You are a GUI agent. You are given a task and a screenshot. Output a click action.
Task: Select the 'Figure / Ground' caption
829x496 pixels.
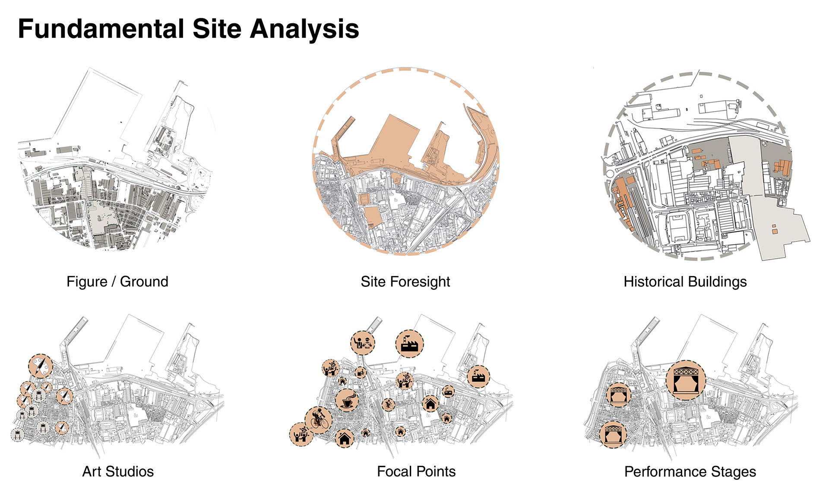click(117, 282)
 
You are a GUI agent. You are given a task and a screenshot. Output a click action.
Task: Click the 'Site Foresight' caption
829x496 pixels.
click(405, 282)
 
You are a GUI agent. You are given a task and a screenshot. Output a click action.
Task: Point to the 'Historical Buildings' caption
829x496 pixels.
click(685, 282)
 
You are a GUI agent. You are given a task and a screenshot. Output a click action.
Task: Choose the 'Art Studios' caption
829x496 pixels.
click(118, 471)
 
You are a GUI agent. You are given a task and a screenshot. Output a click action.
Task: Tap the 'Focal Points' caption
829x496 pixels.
click(416, 471)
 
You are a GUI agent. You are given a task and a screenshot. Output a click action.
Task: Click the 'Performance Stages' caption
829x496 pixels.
click(690, 471)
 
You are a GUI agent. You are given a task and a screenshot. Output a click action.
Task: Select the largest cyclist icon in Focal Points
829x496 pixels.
click(319, 420)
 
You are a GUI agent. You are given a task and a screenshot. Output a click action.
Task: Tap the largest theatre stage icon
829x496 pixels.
click(686, 381)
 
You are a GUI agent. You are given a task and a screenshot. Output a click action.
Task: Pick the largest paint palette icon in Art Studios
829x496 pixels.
click(41, 366)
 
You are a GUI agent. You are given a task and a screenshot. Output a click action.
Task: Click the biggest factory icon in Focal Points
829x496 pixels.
click(409, 344)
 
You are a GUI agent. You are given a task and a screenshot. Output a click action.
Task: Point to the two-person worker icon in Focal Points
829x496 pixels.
click(363, 343)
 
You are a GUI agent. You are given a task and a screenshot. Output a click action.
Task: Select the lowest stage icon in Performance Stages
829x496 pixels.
click(613, 434)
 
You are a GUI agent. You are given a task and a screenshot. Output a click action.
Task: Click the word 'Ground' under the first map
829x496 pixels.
click(144, 282)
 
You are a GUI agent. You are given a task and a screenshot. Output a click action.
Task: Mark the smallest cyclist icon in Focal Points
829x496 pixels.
click(388, 405)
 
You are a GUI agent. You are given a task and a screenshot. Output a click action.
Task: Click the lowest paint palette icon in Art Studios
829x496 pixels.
click(62, 428)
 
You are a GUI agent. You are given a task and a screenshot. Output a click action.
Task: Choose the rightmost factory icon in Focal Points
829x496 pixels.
click(478, 376)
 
